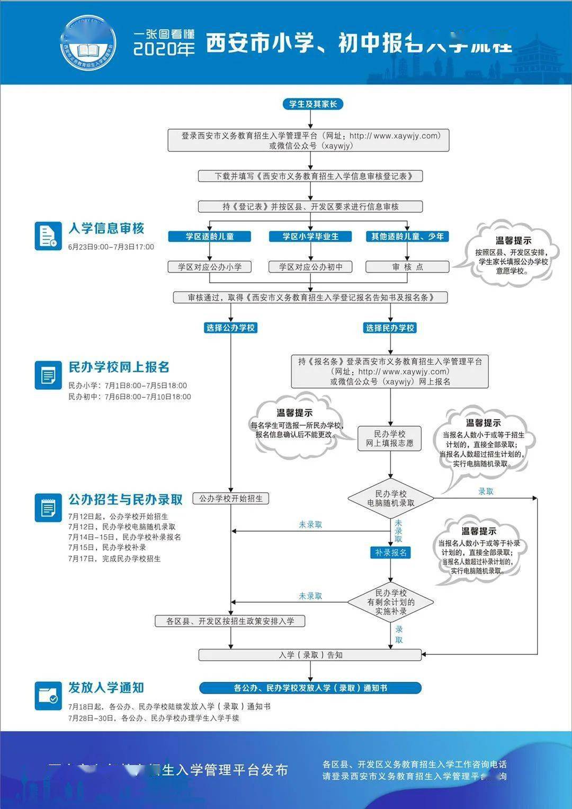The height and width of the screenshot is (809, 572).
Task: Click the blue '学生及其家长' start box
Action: click(312, 104)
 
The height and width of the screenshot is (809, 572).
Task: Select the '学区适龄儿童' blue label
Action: click(209, 236)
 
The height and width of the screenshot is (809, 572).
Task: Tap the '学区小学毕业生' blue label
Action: click(310, 236)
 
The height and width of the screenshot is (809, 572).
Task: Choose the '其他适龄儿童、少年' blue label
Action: click(407, 236)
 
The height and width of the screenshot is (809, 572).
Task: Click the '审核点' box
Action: click(407, 267)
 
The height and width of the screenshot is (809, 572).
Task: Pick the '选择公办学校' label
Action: click(230, 328)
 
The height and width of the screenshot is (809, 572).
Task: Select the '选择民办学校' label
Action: click(390, 328)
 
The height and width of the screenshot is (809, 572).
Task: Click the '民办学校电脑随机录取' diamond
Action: click(390, 498)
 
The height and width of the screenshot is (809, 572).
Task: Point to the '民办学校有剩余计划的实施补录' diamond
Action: click(390, 602)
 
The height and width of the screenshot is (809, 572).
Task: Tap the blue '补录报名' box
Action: click(390, 552)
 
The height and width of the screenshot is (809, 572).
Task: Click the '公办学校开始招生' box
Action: click(230, 498)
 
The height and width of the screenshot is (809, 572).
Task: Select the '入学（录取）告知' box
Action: click(310, 655)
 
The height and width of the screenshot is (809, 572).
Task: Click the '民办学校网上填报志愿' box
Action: click(389, 438)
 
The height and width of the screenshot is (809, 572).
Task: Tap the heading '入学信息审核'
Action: click(106, 228)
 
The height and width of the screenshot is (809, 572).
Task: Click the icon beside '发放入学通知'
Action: click(48, 695)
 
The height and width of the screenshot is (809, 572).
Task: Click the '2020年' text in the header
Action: click(164, 49)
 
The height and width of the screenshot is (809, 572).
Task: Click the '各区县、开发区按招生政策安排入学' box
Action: click(230, 621)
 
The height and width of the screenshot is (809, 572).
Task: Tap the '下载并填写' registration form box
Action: click(310, 176)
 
